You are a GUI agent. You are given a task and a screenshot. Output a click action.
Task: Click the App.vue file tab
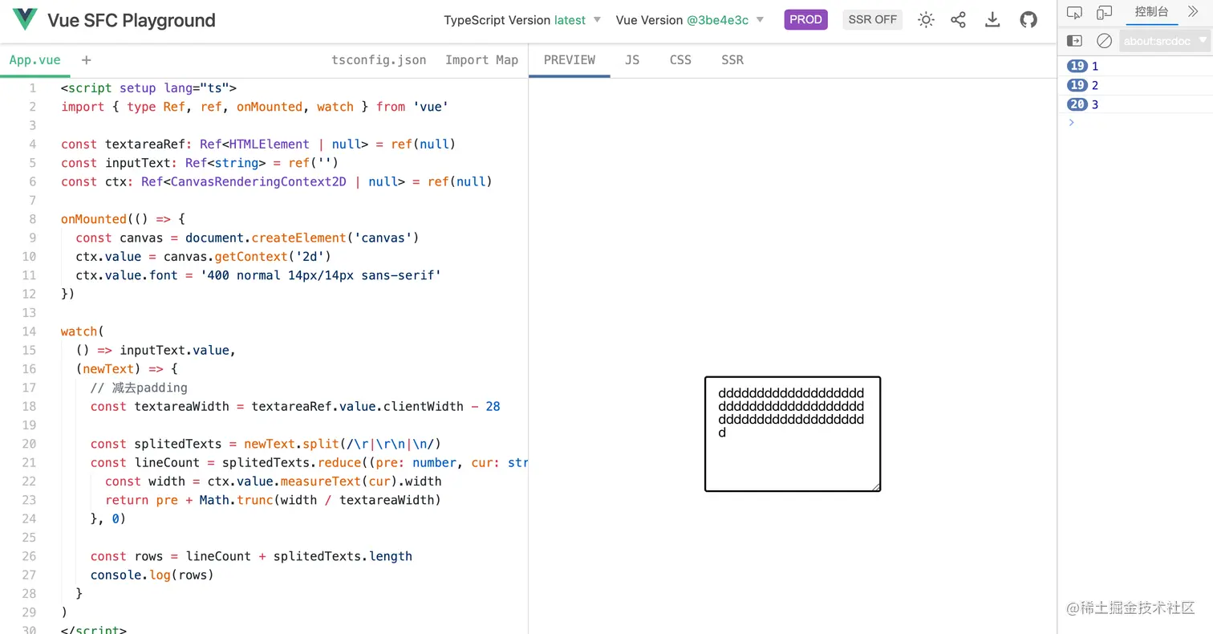click(x=34, y=60)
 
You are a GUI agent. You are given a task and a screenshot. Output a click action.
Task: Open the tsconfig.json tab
click(x=379, y=60)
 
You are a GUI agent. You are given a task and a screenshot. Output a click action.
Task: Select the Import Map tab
click(x=481, y=60)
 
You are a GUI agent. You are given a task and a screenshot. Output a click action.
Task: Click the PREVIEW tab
click(x=569, y=60)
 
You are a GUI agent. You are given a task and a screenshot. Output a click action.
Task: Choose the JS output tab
click(x=632, y=60)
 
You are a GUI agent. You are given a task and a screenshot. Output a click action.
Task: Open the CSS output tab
click(x=680, y=60)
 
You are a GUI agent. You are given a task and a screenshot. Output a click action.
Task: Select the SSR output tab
click(x=732, y=60)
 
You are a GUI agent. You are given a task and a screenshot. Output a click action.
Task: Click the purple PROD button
click(x=805, y=19)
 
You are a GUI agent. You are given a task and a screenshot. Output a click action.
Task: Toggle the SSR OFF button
click(x=872, y=19)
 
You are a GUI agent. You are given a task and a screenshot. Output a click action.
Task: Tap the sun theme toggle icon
click(x=926, y=20)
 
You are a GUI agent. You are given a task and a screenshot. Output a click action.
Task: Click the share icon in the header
click(x=959, y=20)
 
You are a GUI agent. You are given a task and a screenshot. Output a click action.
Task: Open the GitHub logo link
click(x=1028, y=20)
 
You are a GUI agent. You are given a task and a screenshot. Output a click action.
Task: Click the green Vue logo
click(x=25, y=19)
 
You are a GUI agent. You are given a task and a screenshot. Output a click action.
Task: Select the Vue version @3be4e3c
click(x=717, y=20)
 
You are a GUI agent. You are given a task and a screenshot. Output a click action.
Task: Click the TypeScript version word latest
click(x=570, y=20)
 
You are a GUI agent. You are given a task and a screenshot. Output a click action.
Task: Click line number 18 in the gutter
click(x=29, y=406)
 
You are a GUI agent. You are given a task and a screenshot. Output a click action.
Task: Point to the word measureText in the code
click(x=320, y=482)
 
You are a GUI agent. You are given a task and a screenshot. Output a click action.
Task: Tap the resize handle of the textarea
click(x=875, y=486)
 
